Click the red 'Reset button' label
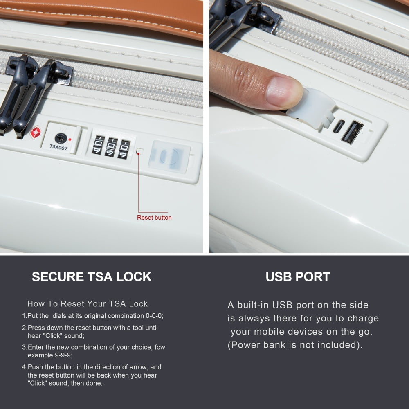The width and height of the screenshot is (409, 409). click(154, 218)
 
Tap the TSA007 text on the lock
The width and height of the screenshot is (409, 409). click(58, 147)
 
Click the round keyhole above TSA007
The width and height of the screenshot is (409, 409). click(61, 138)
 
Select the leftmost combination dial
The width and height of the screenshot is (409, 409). click(98, 145)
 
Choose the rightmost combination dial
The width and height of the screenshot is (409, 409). click(124, 149)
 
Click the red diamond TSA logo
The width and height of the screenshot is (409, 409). click(36, 132)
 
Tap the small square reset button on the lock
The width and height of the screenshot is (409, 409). click(140, 151)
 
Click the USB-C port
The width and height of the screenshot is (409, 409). click(339, 126)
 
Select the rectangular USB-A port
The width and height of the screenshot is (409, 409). click(352, 132)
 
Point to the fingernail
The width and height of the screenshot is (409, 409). click(284, 92)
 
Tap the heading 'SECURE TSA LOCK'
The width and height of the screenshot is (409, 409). click(92, 277)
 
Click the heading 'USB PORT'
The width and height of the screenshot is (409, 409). click(298, 277)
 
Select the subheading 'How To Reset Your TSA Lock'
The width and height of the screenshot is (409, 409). click(88, 303)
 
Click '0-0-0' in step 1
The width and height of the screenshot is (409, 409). click(154, 316)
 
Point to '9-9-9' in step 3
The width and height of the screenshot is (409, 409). click(63, 355)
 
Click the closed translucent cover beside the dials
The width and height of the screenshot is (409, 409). click(169, 156)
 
